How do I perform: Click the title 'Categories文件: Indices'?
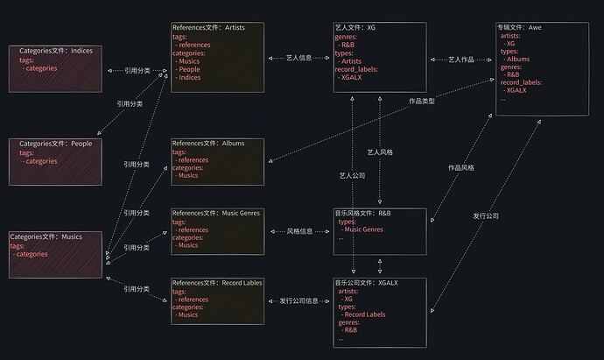click(55, 51)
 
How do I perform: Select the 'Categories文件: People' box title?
click(55, 144)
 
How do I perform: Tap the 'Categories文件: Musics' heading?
click(46, 236)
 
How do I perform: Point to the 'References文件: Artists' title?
click(208, 28)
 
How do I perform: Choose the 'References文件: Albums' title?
click(208, 143)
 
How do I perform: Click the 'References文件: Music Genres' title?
click(216, 213)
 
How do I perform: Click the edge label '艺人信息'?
click(298, 58)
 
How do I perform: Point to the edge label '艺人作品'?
click(461, 59)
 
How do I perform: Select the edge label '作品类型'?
click(422, 102)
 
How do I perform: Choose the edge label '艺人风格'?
click(380, 152)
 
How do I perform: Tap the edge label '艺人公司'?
click(352, 176)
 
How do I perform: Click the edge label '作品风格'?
click(461, 166)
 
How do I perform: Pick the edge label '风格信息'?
click(299, 231)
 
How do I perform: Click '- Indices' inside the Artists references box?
click(189, 78)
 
